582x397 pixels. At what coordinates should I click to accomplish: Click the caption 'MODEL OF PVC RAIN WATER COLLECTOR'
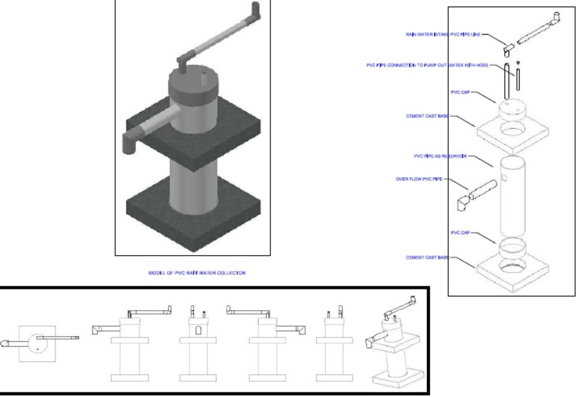coord(197,273)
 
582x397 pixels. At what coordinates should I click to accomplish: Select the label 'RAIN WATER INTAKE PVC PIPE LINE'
coord(443,34)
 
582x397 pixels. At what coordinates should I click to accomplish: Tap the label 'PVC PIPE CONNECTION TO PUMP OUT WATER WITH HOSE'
coord(427,65)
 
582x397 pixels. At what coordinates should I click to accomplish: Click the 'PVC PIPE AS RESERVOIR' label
coord(440,156)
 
